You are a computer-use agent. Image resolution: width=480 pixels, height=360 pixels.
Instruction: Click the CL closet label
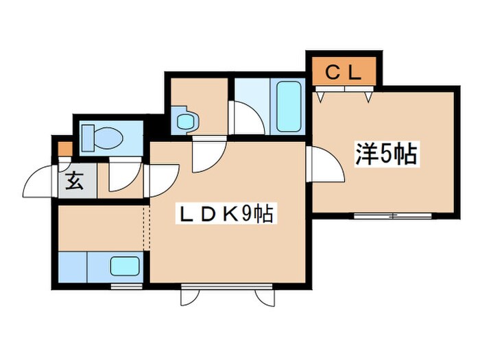click(343, 71)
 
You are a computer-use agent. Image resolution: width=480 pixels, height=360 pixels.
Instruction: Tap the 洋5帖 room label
click(385, 155)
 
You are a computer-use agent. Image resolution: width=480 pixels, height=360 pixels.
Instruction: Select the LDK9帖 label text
click(226, 215)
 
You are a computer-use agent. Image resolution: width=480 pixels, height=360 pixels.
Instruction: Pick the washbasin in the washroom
click(186, 122)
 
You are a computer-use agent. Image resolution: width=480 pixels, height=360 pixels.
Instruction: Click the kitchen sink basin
click(124, 265)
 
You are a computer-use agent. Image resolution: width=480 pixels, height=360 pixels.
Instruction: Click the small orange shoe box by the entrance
click(63, 147)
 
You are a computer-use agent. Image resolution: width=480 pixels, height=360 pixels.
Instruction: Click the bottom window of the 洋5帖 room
click(394, 216)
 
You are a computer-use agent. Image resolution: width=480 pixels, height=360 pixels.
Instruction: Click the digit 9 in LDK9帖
click(248, 215)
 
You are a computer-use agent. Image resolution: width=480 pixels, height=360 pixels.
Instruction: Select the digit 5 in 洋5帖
click(385, 155)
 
